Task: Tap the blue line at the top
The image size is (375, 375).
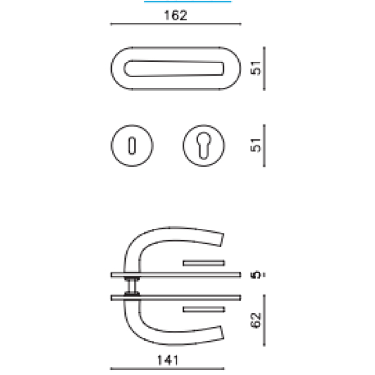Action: (x=187, y=1)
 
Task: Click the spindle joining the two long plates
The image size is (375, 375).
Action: (x=134, y=286)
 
